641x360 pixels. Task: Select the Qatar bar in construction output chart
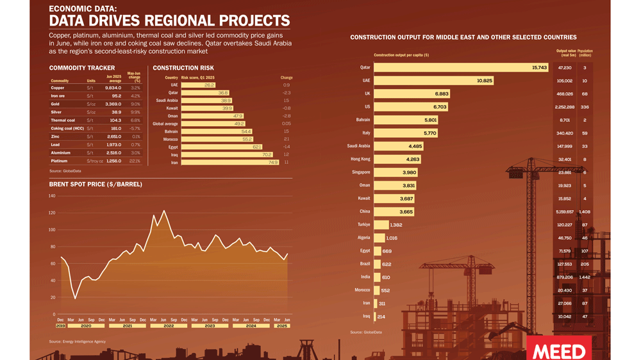click(x=461, y=67)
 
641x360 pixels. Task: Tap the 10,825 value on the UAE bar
click(x=485, y=81)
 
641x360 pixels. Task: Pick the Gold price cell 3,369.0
click(x=113, y=104)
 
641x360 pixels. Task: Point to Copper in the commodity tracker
click(x=58, y=88)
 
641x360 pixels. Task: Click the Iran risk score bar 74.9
click(x=230, y=163)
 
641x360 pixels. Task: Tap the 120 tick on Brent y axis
click(x=52, y=213)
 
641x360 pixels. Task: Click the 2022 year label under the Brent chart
click(x=169, y=326)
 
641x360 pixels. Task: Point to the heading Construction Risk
click(x=183, y=68)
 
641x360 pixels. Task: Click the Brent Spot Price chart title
click(x=96, y=184)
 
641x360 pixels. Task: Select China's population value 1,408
click(x=585, y=211)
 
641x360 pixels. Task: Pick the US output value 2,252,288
click(x=565, y=107)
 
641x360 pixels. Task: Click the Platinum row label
click(x=60, y=161)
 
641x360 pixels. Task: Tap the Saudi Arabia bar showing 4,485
click(x=398, y=146)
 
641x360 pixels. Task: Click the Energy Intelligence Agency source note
click(x=78, y=341)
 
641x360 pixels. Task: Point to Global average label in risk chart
click(x=165, y=124)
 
